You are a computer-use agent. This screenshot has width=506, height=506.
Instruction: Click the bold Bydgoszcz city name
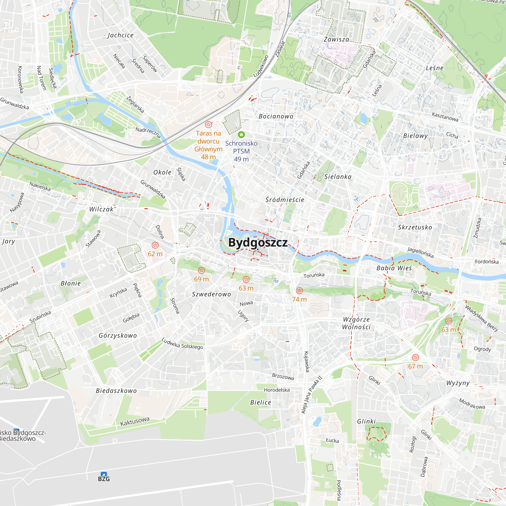tap(258, 243)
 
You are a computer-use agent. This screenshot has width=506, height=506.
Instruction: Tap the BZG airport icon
tap(104, 475)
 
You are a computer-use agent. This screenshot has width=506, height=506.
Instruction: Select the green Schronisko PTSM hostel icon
tap(241, 135)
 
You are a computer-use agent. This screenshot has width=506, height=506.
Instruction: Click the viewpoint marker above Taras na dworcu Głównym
tap(208, 124)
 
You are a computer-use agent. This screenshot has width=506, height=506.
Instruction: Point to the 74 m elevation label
tap(299, 299)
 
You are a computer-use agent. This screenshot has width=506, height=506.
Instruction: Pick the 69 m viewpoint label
tap(201, 279)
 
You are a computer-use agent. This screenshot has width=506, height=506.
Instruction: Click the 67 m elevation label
tap(415, 366)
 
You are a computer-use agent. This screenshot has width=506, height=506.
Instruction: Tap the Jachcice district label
tap(120, 35)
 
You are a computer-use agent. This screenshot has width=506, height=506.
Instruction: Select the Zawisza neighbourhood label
tap(336, 39)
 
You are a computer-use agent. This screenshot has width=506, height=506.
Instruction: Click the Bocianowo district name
tap(276, 116)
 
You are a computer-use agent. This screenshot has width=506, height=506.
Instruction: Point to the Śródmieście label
tap(285, 200)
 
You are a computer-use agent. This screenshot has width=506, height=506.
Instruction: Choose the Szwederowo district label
tap(211, 294)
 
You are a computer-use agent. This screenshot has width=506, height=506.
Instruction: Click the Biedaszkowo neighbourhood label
tap(116, 391)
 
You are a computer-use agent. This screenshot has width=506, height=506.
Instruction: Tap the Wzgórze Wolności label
tap(356, 323)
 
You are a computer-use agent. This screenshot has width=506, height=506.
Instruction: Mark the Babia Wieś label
tap(394, 268)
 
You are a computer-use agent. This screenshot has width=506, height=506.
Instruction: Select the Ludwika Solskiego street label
tap(182, 344)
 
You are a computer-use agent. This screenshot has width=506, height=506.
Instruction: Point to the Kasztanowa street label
tap(445, 117)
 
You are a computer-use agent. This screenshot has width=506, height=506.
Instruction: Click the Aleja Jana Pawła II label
tap(311, 395)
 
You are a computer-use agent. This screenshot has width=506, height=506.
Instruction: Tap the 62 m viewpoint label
tap(155, 254)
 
